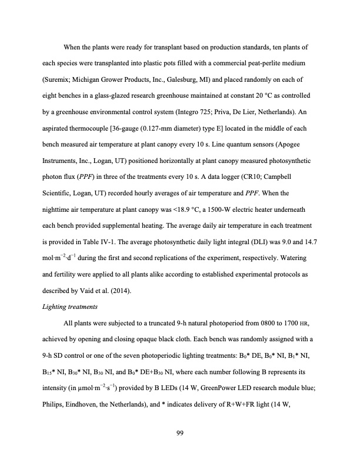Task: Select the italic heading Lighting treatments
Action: click(68, 307)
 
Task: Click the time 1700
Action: click(268, 324)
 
